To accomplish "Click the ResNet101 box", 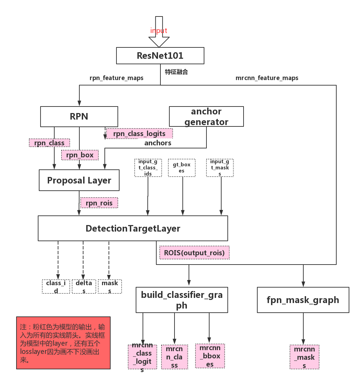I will click(x=160, y=56).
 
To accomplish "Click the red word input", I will click(x=159, y=31).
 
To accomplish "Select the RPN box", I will click(x=79, y=116).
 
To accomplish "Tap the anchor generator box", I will click(x=206, y=116).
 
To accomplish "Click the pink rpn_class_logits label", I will click(x=139, y=134).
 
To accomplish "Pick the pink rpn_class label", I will click(x=49, y=143).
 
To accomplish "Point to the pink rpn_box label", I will click(x=80, y=155).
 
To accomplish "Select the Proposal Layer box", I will click(x=79, y=180).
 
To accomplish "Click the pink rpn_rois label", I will click(x=99, y=203).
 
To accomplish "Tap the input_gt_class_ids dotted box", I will click(x=148, y=168).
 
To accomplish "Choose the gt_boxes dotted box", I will click(x=181, y=168).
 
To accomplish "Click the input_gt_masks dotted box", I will click(x=220, y=168).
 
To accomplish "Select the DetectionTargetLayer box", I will click(x=133, y=228).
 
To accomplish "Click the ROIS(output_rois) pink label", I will click(x=194, y=253).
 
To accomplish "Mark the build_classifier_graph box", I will click(x=182, y=300).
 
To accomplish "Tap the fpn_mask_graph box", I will click(x=303, y=300).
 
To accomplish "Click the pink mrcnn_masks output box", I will click(x=304, y=357).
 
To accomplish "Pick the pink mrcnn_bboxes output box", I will click(x=210, y=356).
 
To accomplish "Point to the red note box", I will click(x=63, y=343).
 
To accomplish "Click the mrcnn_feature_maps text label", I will click(x=267, y=78).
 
